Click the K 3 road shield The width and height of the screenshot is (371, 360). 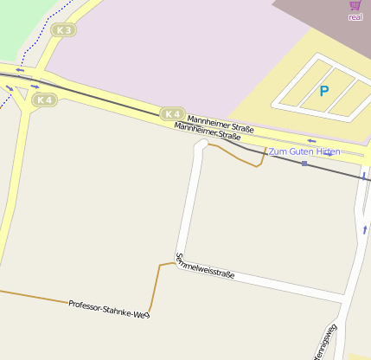click(63, 30)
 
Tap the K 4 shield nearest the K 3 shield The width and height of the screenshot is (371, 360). click(44, 100)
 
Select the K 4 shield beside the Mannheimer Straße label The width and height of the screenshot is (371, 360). click(172, 113)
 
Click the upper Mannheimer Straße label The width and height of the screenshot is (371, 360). click(221, 125)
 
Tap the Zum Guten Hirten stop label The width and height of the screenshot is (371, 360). click(304, 151)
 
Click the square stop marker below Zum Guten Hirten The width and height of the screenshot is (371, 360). click(304, 163)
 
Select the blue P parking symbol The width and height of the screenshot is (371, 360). click(324, 91)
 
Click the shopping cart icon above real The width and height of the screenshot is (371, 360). click(355, 5)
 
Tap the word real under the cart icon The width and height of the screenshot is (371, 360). click(355, 16)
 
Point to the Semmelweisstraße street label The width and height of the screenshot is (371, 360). click(205, 266)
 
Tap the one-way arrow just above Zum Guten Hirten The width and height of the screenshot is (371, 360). click(311, 141)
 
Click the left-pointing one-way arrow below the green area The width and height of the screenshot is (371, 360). click(20, 70)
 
